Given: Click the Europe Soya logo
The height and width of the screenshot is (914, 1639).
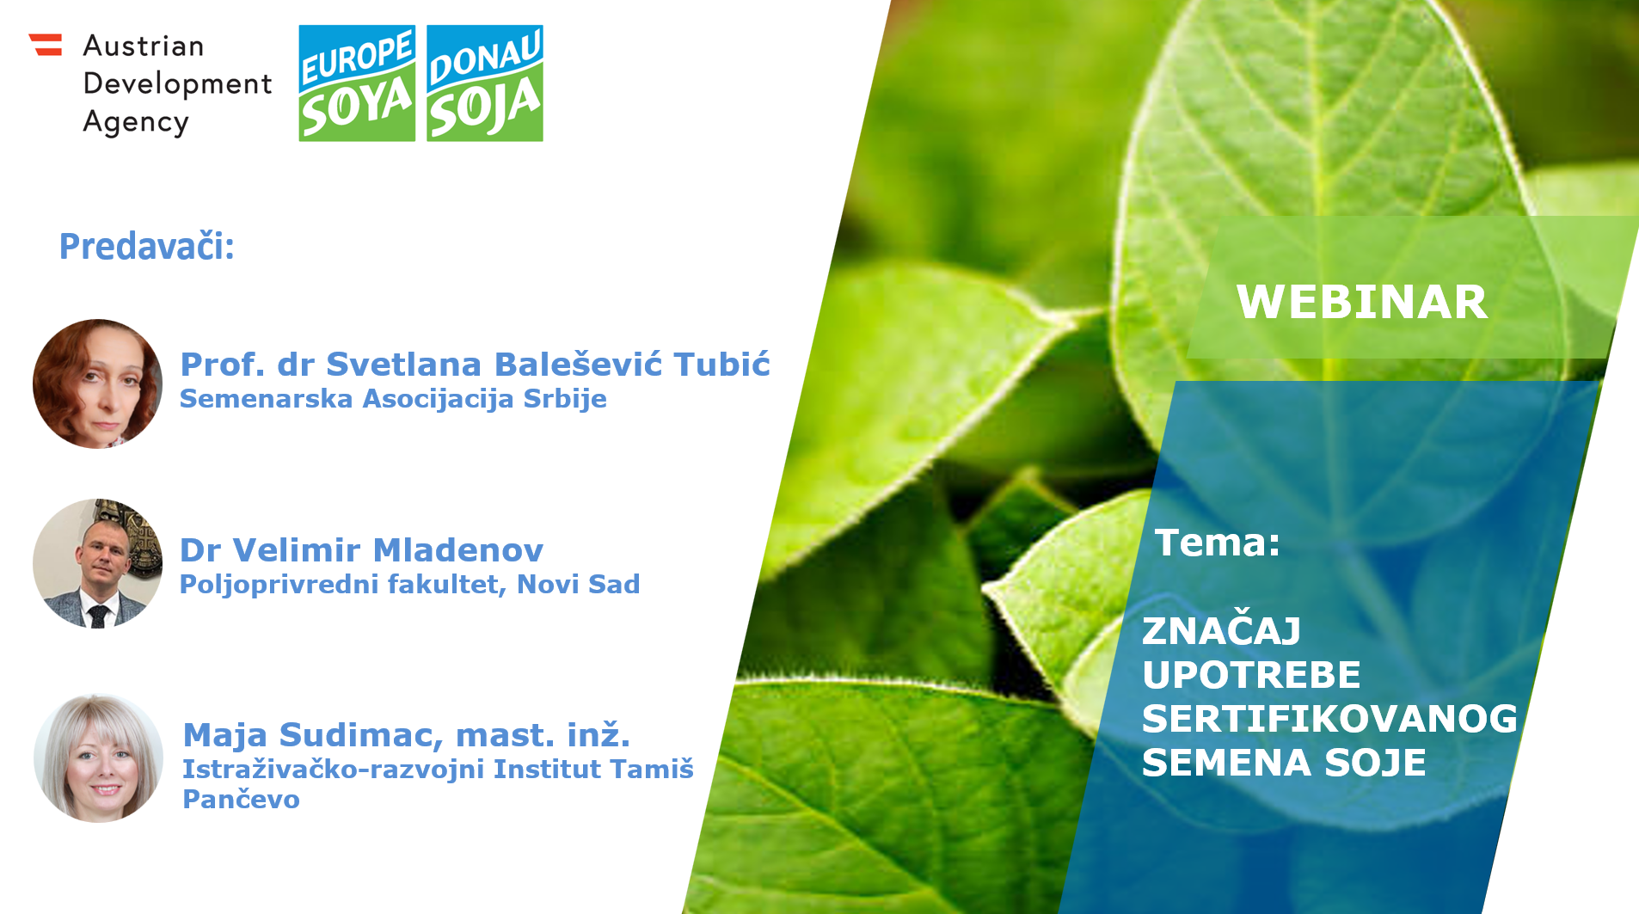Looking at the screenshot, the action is pyautogui.click(x=357, y=83).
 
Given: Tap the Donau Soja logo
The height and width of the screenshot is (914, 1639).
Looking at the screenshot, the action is pyautogui.click(x=485, y=83).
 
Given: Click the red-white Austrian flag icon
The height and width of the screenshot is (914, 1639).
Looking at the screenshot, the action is pyautogui.click(x=46, y=45).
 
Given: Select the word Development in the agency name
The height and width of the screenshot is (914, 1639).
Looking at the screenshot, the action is pyautogui.click(x=177, y=84).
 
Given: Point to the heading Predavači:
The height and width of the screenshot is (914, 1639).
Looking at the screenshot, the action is pyautogui.click(x=146, y=247).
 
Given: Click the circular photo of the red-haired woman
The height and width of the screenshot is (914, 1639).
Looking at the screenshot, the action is pyautogui.click(x=97, y=383).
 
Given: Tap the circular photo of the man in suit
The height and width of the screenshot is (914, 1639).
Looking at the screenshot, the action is pyautogui.click(x=97, y=563).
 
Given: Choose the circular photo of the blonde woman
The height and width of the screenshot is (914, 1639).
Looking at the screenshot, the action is pyautogui.click(x=98, y=758).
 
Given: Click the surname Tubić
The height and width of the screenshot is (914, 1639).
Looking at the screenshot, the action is pyautogui.click(x=721, y=365).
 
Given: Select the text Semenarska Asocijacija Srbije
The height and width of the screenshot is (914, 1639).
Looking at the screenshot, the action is pyautogui.click(x=393, y=399).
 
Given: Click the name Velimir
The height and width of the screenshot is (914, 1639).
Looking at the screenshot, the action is pyautogui.click(x=296, y=550).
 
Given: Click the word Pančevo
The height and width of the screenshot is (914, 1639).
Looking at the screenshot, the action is pyautogui.click(x=241, y=800).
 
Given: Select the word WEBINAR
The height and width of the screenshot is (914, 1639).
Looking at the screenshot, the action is pyautogui.click(x=1362, y=302).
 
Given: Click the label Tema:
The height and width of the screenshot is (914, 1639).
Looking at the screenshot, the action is pyautogui.click(x=1218, y=543).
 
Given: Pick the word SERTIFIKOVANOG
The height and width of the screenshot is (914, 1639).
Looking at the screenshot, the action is pyautogui.click(x=1329, y=719).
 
